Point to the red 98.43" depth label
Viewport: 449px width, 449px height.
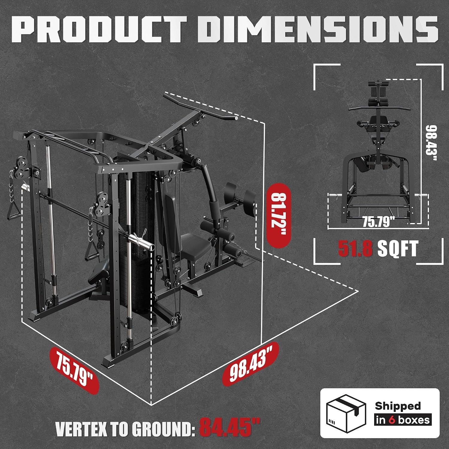click(x=251, y=363)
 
